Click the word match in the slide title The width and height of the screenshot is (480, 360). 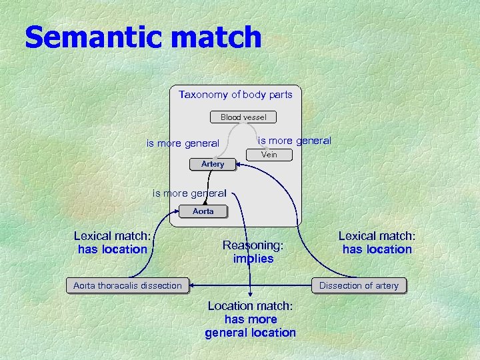coord(215,37)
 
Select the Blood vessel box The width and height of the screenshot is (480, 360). coord(243,117)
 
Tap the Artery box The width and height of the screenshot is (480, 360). coord(213,164)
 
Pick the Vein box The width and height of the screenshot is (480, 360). coord(269,155)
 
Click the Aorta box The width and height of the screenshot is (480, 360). coord(203,211)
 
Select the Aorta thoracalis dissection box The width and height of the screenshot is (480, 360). coord(127,285)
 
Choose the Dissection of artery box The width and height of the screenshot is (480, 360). coord(359,285)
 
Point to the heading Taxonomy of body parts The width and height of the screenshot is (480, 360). coord(235,95)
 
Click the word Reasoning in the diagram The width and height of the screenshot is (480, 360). coord(253,245)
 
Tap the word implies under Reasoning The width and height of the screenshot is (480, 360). coord(253,259)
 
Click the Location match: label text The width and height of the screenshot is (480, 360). coord(250,306)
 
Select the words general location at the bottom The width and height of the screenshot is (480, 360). coord(250,333)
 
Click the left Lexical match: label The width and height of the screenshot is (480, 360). coord(112,235)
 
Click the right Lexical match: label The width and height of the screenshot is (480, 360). coord(377,235)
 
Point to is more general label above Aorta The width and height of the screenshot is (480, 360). coord(189,193)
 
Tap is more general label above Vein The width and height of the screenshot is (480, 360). coord(294,140)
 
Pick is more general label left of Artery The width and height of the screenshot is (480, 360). coord(183,143)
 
